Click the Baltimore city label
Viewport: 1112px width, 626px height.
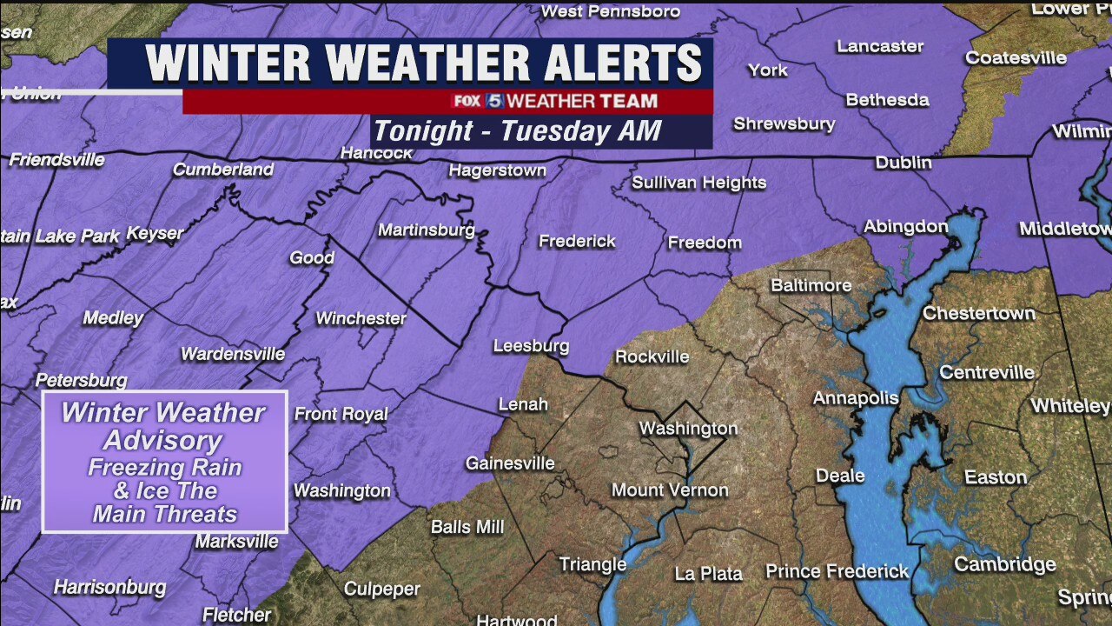(811, 285)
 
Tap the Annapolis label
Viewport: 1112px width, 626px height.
(855, 398)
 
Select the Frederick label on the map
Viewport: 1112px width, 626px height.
(577, 241)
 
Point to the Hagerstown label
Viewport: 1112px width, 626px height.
(497, 170)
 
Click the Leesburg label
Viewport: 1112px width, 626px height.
(531, 346)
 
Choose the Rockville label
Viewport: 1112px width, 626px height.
(652, 356)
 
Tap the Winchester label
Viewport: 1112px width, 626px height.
(361, 318)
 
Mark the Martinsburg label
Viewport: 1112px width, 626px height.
(426, 230)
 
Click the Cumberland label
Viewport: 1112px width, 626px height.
(223, 170)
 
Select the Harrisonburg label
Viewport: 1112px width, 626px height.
(109, 588)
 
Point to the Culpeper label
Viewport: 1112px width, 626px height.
(382, 589)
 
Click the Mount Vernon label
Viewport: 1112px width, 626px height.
(670, 490)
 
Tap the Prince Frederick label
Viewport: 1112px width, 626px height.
(837, 571)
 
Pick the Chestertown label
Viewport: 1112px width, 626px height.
(978, 313)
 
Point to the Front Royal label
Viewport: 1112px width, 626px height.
(341, 414)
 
